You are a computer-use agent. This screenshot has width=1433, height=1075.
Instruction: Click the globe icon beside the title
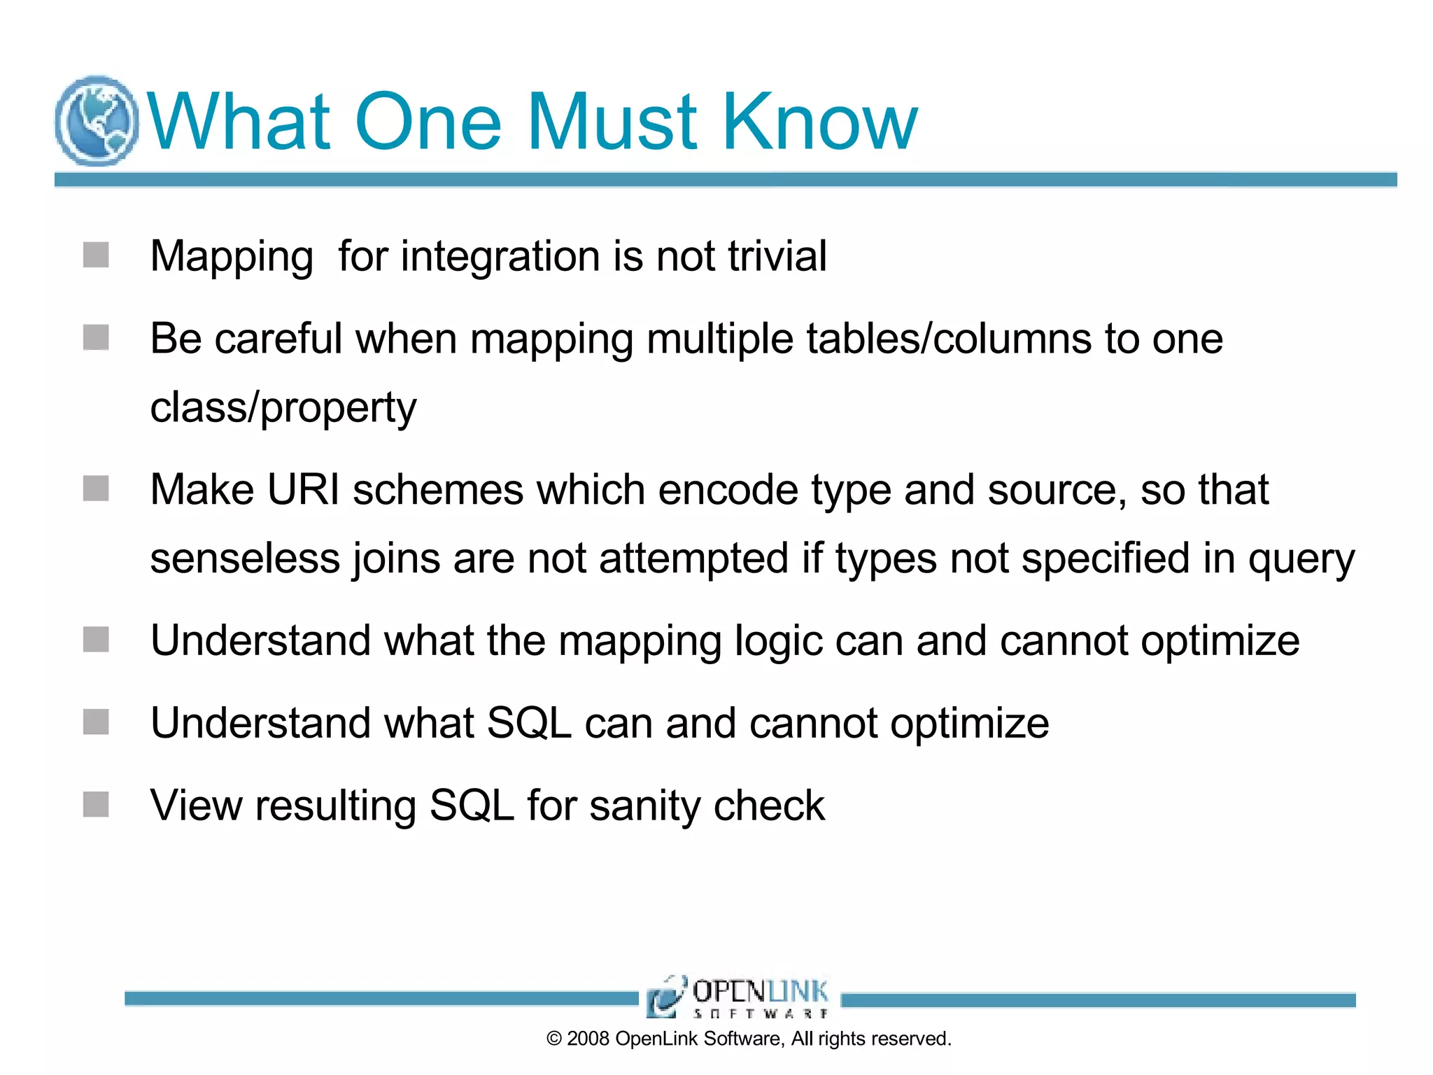coord(97,120)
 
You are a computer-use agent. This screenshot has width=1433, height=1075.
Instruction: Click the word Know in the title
coord(819,122)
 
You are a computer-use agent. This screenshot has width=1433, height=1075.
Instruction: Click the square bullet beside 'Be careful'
coord(96,337)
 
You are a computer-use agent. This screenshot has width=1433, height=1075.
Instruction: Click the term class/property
coord(283,408)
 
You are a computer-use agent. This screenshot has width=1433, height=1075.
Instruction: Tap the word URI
coord(304,489)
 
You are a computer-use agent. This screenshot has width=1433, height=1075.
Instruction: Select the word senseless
coord(245,558)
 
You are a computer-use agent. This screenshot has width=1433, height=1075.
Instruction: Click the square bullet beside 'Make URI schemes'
coord(96,489)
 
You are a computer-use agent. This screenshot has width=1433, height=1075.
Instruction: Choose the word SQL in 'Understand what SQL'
coord(529,723)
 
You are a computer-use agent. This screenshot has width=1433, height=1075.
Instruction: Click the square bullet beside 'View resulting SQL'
coord(96,804)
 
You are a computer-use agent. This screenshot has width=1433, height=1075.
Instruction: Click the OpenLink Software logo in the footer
coord(739,997)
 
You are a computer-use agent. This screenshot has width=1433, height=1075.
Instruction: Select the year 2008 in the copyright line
coord(588,1039)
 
